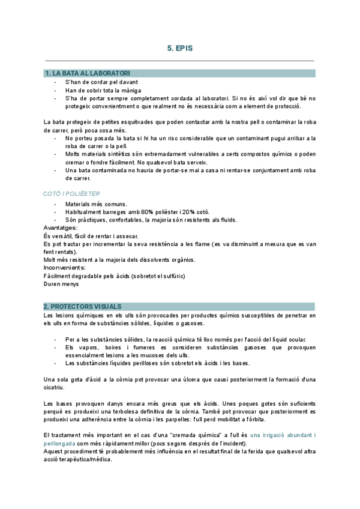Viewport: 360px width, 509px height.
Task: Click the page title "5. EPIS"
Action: point(180,47)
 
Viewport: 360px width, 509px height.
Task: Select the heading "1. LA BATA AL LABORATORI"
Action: point(87,73)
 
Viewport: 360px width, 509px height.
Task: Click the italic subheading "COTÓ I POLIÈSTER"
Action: point(72,194)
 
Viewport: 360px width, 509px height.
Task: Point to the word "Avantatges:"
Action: point(61,227)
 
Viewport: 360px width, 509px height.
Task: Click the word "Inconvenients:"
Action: point(65,267)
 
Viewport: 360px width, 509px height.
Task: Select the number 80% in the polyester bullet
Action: point(151,212)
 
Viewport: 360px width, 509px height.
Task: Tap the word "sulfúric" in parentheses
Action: point(172,276)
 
